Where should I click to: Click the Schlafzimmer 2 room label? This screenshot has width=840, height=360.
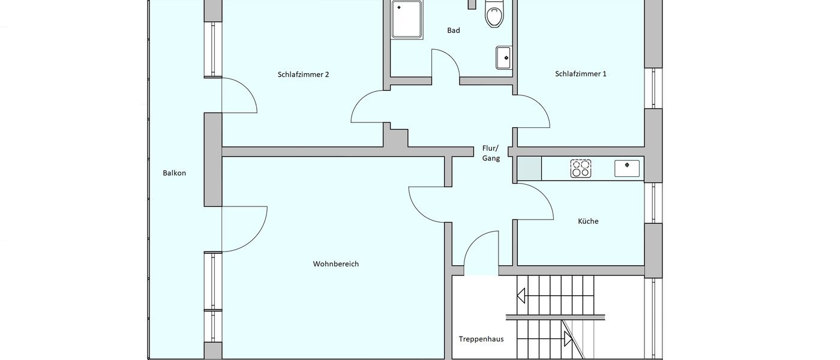[303, 75]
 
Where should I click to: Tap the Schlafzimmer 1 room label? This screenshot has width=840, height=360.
[581, 74]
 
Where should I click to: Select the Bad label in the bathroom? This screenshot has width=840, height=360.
[454, 30]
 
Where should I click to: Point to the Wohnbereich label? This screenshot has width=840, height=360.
[335, 264]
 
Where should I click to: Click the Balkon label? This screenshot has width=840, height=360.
[174, 173]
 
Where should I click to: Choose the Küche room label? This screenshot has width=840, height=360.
[588, 221]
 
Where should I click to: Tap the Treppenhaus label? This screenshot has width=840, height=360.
[481, 339]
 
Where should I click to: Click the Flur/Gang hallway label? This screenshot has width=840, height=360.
[491, 154]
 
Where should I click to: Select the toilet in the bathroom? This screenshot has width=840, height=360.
[493, 13]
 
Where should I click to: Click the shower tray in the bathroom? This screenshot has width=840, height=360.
[406, 19]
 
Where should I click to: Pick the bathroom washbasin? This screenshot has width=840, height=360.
[504, 58]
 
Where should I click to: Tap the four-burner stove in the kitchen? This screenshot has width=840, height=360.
[580, 168]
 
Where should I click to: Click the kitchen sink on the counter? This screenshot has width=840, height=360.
[627, 168]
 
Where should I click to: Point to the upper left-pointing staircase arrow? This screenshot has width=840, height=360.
[521, 295]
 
